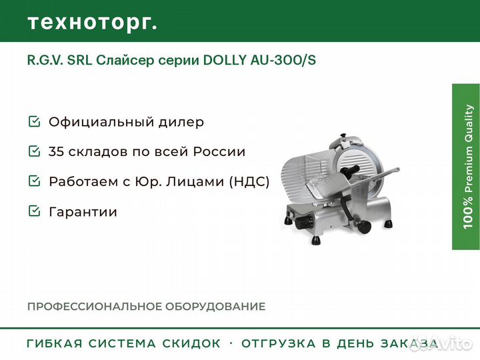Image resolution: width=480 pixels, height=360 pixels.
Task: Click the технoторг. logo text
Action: [93, 22]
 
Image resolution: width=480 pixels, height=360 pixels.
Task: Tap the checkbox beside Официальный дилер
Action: [34, 122]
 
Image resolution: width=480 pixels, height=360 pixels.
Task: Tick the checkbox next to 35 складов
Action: [34, 151]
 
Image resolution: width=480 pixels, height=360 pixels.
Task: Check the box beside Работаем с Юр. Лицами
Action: [34, 181]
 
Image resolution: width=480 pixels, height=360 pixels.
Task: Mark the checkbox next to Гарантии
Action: [34, 211]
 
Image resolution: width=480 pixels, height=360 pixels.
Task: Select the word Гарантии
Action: [83, 212]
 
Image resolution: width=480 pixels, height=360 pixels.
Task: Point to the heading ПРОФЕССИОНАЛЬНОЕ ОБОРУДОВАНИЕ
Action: [146, 307]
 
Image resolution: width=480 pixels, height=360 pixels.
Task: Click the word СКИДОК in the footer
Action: [191, 344]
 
